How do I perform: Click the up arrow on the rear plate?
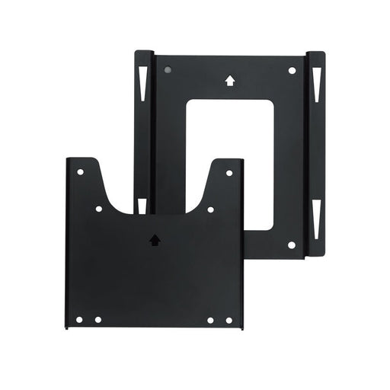click(x=229, y=78)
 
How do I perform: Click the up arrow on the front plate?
click(x=155, y=239)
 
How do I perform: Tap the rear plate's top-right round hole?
click(x=292, y=71)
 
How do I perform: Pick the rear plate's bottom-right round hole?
click(x=292, y=245)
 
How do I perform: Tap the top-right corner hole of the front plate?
click(x=229, y=173)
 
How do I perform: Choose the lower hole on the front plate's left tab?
click(x=98, y=208)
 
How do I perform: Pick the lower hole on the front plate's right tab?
click(x=210, y=209)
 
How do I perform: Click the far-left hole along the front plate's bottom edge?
click(x=79, y=320)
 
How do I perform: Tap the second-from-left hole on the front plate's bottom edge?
click(x=97, y=320)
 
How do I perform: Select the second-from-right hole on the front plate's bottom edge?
click(x=210, y=320)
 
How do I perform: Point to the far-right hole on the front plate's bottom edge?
click(x=229, y=320)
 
